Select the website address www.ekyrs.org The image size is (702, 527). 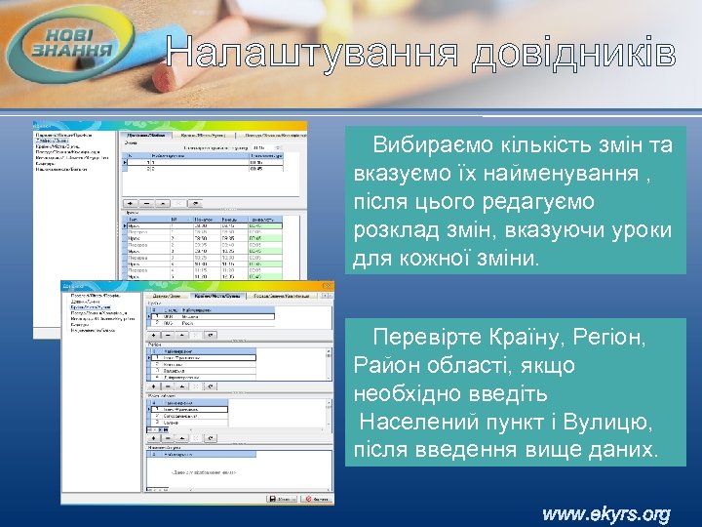tap(606, 513)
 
